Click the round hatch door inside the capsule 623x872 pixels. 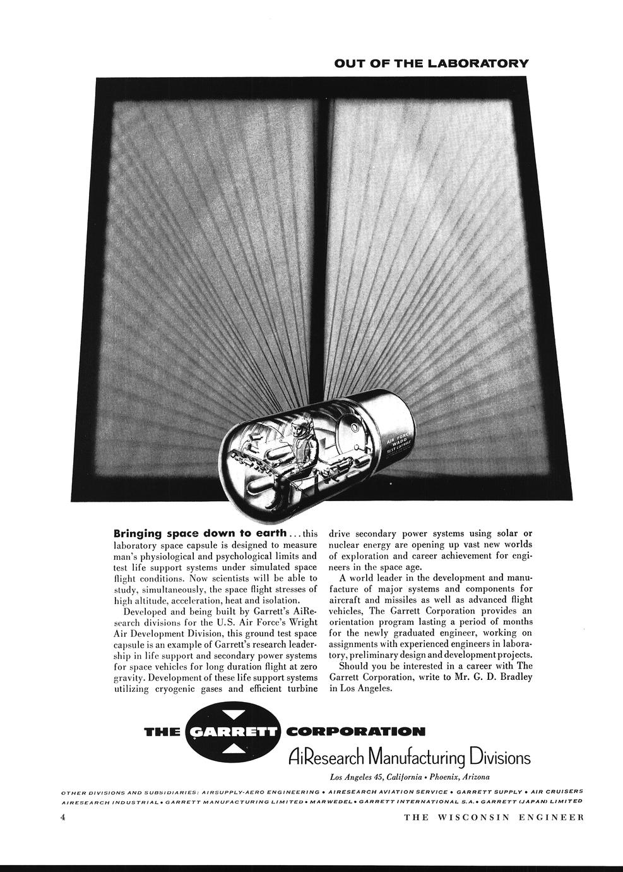click(x=347, y=437)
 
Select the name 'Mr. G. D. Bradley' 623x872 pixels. click(x=492, y=677)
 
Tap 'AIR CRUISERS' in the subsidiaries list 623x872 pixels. click(x=557, y=792)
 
